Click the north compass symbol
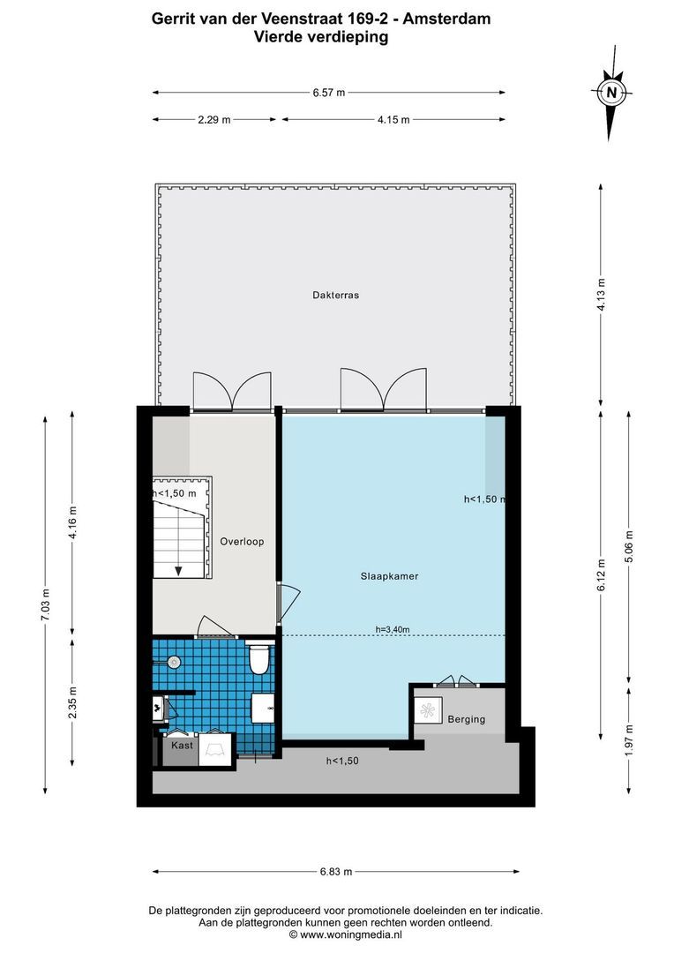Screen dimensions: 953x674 click(610, 92)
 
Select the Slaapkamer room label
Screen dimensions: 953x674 click(389, 576)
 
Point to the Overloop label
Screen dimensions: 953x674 click(242, 542)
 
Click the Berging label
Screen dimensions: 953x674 click(466, 719)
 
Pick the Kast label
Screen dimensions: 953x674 click(182, 746)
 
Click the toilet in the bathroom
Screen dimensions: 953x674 click(258, 659)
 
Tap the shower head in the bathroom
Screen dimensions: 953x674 click(174, 661)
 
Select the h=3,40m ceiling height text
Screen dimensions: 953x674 click(393, 629)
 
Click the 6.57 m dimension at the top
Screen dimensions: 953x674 click(328, 92)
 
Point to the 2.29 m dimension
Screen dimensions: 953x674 click(213, 120)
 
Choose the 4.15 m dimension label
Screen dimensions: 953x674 click(393, 120)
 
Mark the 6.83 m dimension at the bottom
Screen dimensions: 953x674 click(335, 872)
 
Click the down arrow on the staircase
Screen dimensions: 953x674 click(178, 570)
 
